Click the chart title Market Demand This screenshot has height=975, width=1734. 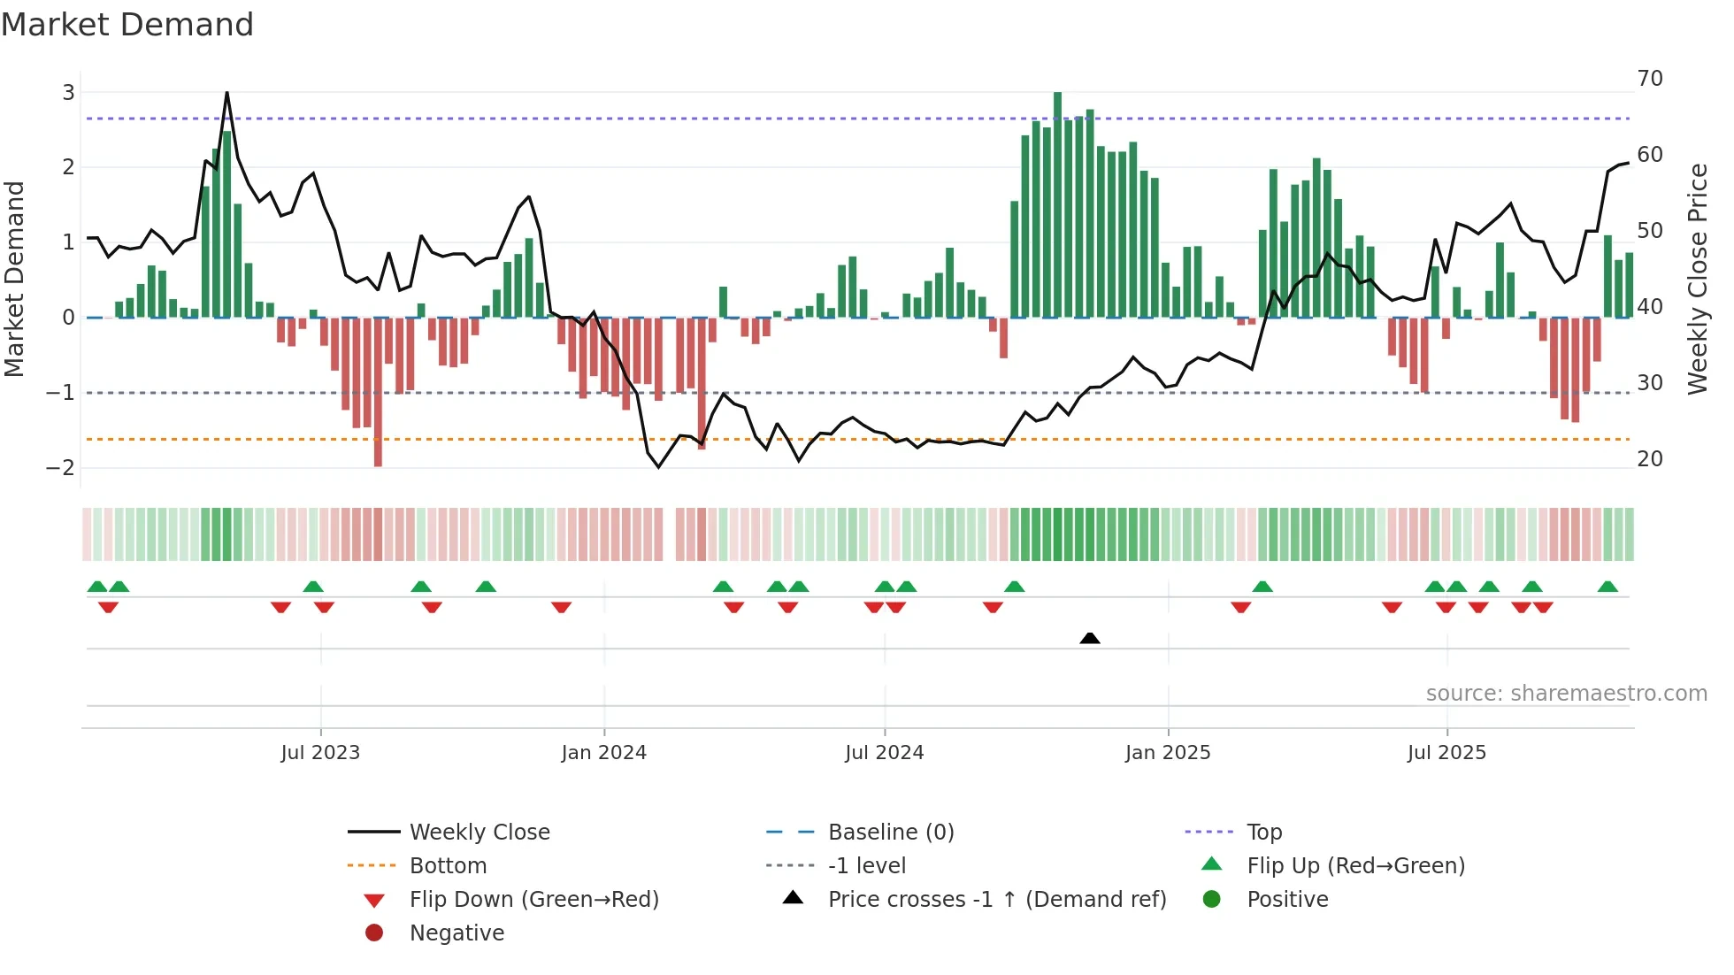click(x=127, y=25)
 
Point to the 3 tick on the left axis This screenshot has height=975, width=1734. click(x=68, y=92)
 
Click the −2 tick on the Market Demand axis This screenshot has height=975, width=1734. click(x=61, y=467)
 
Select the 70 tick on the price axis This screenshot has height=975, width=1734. click(x=1650, y=79)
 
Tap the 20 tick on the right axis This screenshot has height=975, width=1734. click(x=1650, y=458)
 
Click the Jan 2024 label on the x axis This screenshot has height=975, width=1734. click(x=604, y=753)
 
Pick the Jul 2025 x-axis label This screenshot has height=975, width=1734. click(x=1446, y=753)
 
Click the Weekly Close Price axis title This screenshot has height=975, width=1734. click(x=1697, y=279)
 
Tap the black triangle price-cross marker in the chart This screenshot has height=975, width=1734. click(x=1090, y=638)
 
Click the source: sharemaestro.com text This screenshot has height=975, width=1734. click(x=1566, y=693)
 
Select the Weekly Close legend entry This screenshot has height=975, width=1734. click(x=479, y=832)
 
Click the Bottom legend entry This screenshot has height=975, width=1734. click(x=448, y=865)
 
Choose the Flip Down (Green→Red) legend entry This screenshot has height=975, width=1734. click(x=533, y=899)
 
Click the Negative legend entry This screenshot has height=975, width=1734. click(x=457, y=933)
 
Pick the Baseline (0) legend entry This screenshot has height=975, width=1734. click(x=890, y=832)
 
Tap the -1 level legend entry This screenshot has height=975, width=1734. click(x=866, y=865)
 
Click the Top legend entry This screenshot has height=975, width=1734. click(x=1263, y=832)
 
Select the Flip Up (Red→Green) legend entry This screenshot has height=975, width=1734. click(x=1355, y=865)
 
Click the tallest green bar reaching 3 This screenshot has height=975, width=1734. click(x=1057, y=203)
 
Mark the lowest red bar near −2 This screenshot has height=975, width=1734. click(x=378, y=394)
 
